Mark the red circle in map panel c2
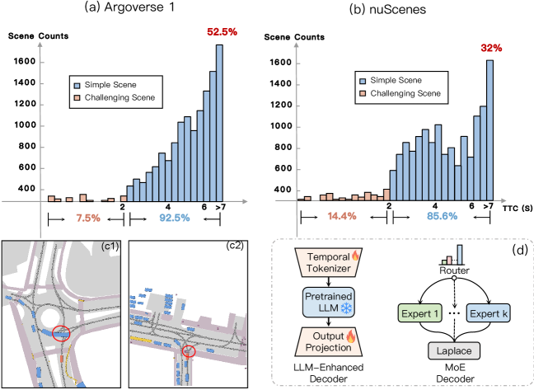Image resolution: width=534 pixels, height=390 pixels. click(189, 351)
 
